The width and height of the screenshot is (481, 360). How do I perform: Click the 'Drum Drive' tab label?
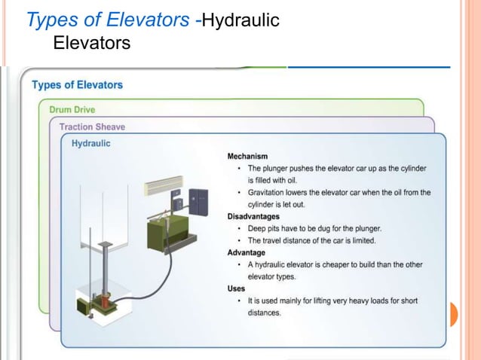coord(72,110)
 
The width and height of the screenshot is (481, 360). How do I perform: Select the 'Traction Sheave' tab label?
coord(92,127)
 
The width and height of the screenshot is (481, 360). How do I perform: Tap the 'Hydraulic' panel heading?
coord(90,142)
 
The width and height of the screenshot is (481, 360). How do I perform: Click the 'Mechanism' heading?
coord(248,156)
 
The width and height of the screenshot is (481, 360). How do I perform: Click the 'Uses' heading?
coord(236,288)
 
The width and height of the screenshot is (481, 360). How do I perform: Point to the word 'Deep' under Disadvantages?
coord(257,228)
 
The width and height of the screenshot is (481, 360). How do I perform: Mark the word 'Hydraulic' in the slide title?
coord(240,20)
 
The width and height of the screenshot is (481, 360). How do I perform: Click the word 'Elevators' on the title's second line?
coord(92,44)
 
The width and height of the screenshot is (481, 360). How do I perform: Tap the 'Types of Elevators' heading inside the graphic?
coord(77,84)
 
